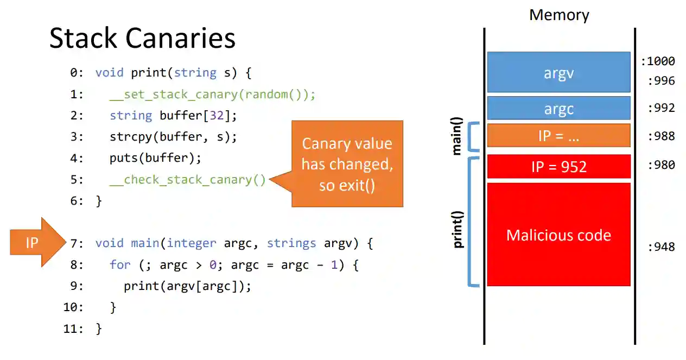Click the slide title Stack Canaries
pos(142,39)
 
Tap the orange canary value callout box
pos(347,164)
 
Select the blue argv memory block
pos(558,72)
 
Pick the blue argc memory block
pos(558,109)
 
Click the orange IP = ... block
pos(558,136)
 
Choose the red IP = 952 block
pos(558,166)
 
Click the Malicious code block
pos(558,235)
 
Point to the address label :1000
pos(658,61)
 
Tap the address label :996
pos(661,81)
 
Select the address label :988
pos(661,136)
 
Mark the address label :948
pos(661,247)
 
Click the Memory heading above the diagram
pos(559,15)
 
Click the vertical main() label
pos(456,136)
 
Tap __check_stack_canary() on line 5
pos(187,180)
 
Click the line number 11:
pos(74,329)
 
